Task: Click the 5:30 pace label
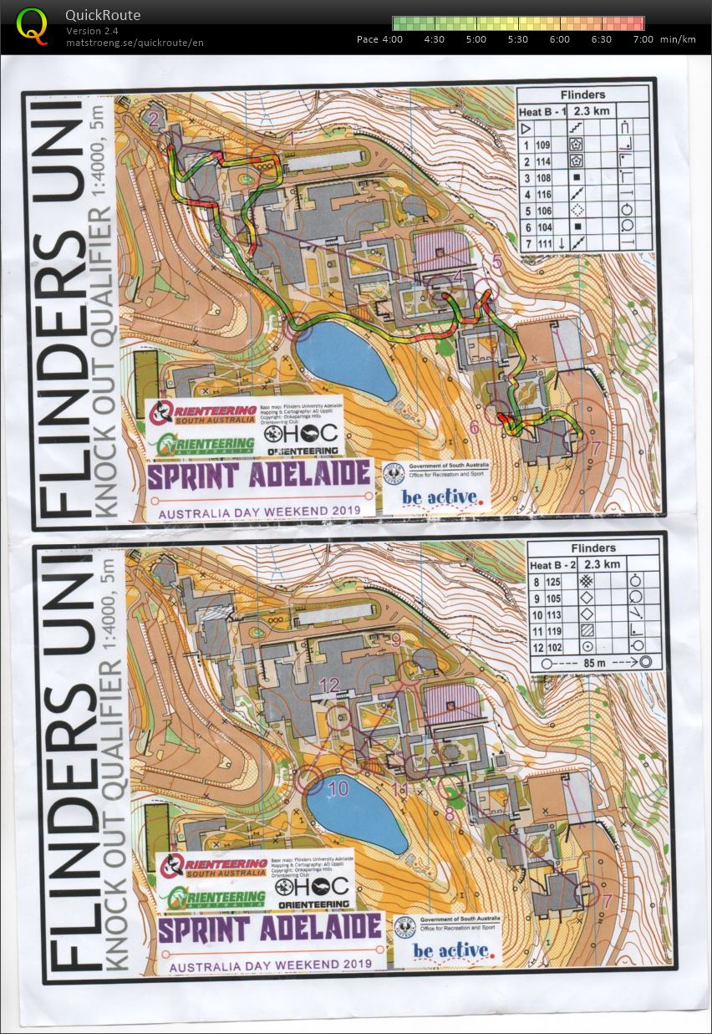[517, 39]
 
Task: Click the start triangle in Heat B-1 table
[526, 128]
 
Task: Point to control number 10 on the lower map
[338, 787]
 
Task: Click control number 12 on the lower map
[329, 685]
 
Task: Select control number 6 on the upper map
[474, 427]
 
